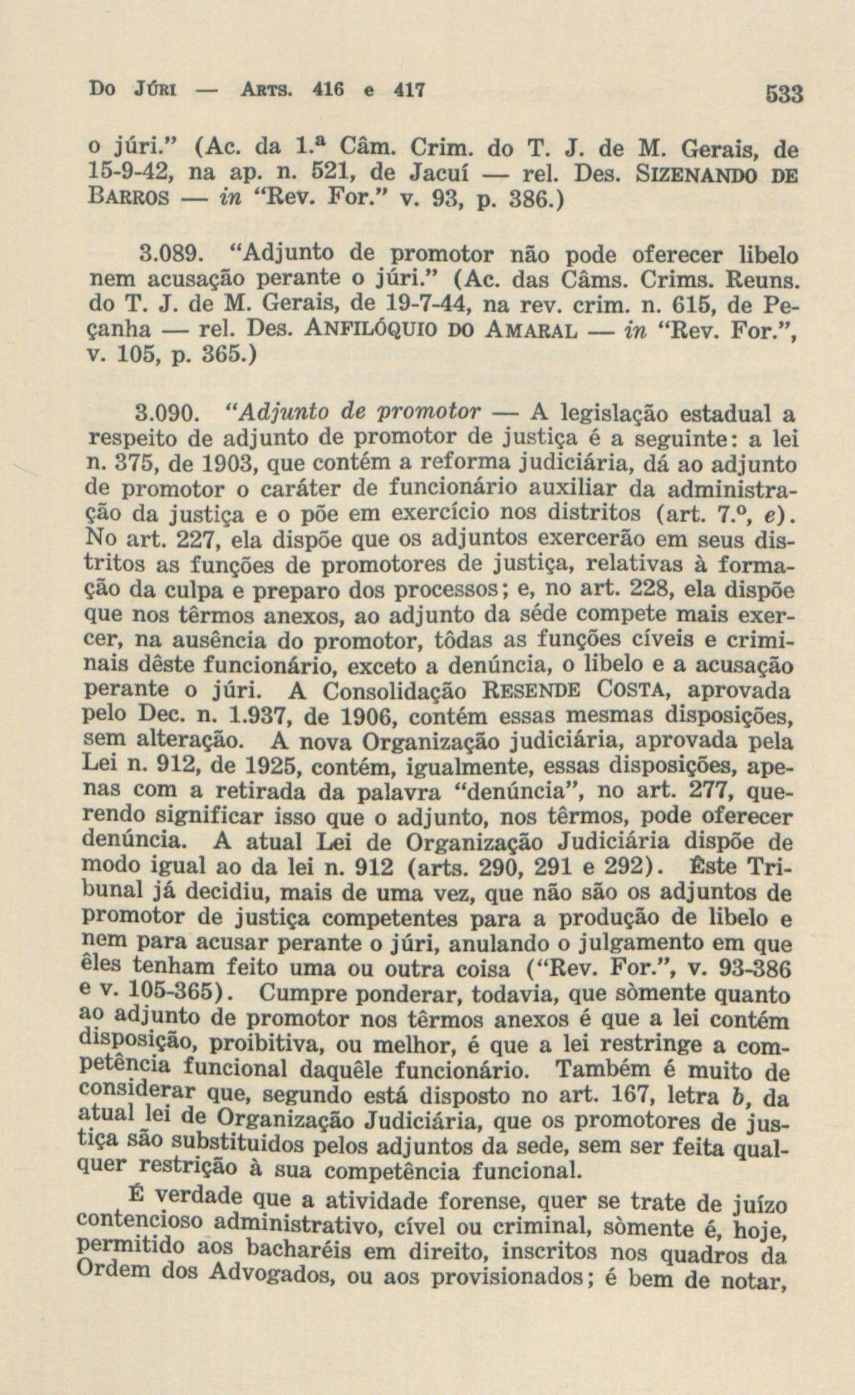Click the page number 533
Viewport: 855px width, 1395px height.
coord(785,94)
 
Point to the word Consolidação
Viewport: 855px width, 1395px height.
coord(396,692)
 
